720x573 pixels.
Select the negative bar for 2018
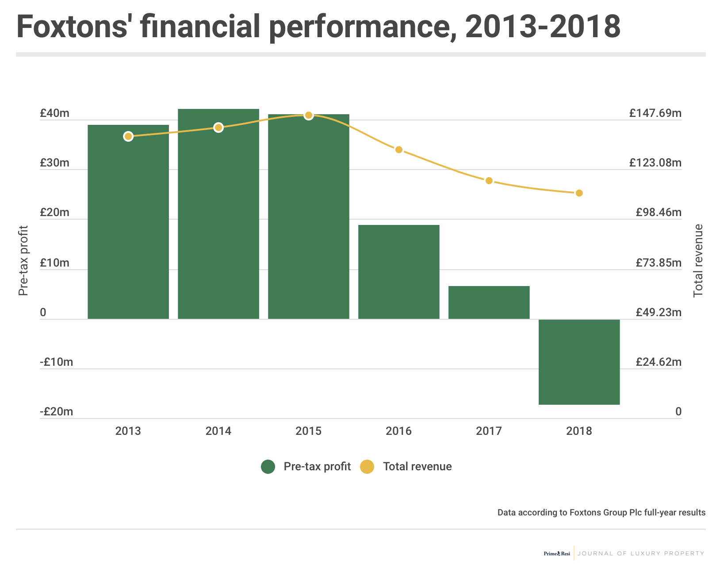pos(579,362)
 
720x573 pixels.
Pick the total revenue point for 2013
pos(128,136)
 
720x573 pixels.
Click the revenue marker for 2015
pos(309,116)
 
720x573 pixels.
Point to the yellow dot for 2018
pos(579,193)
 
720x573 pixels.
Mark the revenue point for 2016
pos(398,150)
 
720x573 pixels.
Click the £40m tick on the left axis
pos(54,113)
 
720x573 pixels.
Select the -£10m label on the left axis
pos(56,362)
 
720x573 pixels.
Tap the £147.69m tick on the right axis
pos(655,113)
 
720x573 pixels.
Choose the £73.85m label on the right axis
pos(659,263)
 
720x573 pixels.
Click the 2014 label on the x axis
pos(218,431)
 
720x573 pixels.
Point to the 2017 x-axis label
pos(489,431)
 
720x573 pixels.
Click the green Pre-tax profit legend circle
pos(268,467)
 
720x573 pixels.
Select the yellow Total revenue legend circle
pos(367,467)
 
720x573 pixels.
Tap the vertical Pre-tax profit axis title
pos(23,260)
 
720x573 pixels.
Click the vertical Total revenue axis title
pos(698,260)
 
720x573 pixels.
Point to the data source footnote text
pos(601,513)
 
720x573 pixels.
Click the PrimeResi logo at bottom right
pos(557,554)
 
